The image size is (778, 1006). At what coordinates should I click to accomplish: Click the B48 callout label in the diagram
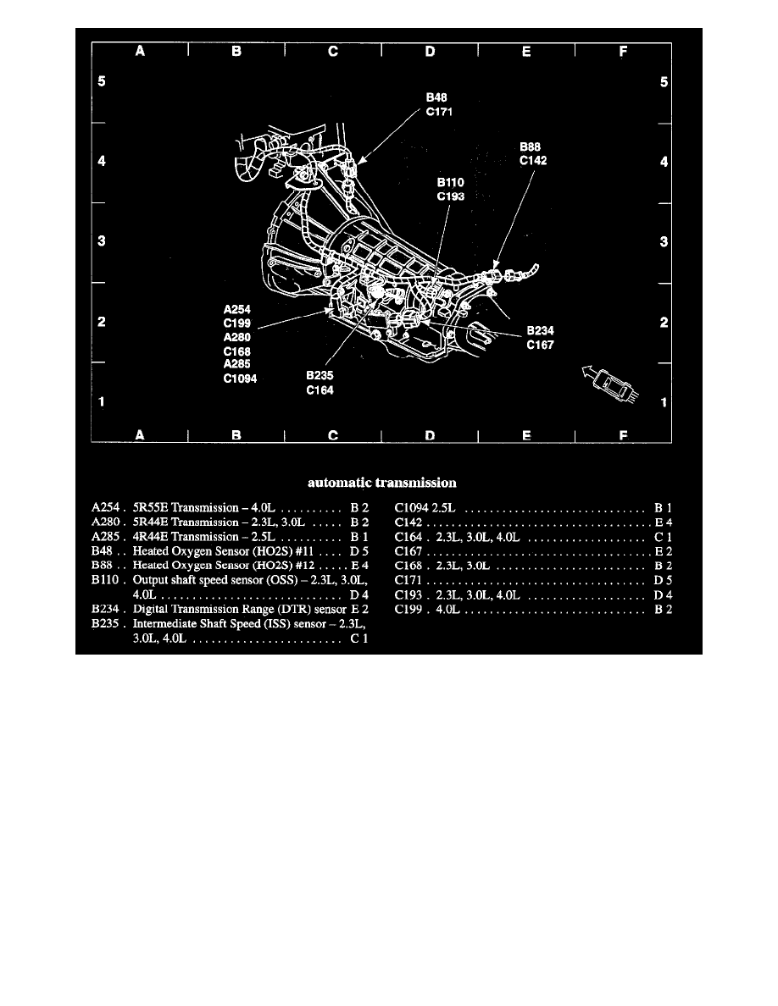(x=436, y=97)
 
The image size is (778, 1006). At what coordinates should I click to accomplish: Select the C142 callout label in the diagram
(x=535, y=158)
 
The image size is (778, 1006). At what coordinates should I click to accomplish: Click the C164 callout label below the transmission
(x=320, y=390)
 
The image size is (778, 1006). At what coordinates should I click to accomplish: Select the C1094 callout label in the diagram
(x=240, y=379)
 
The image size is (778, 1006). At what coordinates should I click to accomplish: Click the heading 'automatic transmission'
(x=381, y=483)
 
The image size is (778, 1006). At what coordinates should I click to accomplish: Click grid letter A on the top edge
(x=141, y=52)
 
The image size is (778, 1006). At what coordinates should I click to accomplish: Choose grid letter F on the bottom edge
(x=623, y=435)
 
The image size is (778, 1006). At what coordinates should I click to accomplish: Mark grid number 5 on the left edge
(x=101, y=82)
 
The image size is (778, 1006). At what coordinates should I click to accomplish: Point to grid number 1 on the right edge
(x=664, y=402)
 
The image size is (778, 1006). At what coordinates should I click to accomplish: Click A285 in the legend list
(x=105, y=537)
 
